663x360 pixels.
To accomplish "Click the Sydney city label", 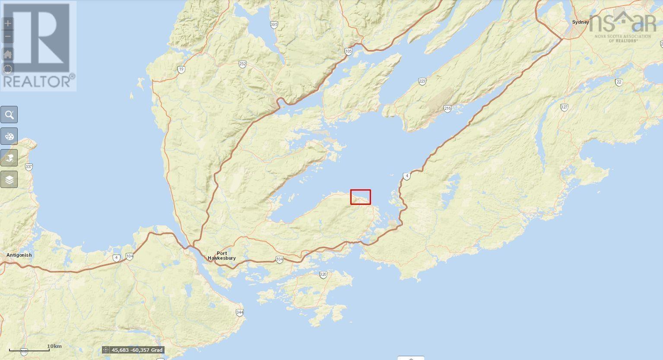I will tap(580, 22).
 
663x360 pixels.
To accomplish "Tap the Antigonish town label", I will tap(19, 255).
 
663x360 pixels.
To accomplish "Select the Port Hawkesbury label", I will tap(222, 256).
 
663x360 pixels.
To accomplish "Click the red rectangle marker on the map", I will tap(360, 197).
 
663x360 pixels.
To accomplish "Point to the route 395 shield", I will tap(274, 25).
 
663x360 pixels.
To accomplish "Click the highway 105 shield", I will tap(349, 52).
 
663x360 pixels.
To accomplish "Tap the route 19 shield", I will tap(181, 69).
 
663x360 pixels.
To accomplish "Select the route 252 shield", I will tap(242, 64).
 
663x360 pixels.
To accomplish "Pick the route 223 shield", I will tap(422, 81).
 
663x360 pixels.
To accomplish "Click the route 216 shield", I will tap(447, 108).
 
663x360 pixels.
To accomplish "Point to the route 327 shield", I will tap(564, 107).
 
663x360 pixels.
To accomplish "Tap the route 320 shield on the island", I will tap(323, 274).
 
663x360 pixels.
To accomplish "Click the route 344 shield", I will tap(240, 312).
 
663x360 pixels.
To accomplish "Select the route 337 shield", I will tap(29, 166).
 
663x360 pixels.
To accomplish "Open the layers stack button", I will tap(9, 179).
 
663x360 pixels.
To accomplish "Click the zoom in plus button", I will tap(8, 23).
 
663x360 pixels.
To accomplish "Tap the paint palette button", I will tap(9, 137).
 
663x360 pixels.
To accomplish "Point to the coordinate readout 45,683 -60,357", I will tap(133, 350).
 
